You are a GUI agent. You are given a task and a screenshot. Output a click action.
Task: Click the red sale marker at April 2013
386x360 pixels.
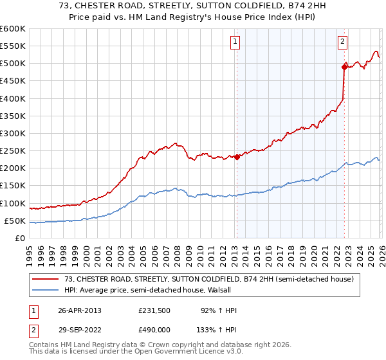click(x=236, y=157)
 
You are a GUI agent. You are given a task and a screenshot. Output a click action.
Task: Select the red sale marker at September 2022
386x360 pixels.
click(x=344, y=66)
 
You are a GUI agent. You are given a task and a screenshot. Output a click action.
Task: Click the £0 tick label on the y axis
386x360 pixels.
click(x=19, y=238)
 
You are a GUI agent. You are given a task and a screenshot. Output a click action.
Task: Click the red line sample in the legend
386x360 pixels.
click(x=46, y=279)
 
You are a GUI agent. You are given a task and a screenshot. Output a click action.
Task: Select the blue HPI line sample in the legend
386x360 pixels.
click(x=46, y=290)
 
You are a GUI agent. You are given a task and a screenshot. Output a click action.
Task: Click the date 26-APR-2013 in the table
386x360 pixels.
click(x=80, y=310)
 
